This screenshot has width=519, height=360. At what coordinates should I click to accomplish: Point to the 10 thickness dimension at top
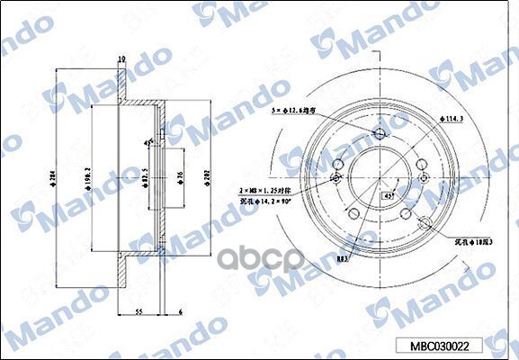pos(121,60)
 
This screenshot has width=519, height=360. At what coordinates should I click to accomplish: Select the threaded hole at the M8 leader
pos(336,178)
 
